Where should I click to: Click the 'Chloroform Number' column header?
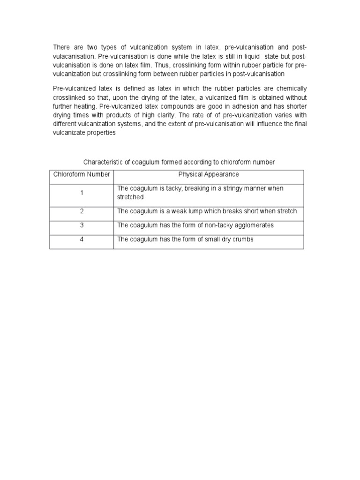(82, 174)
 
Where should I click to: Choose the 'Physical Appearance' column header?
(209, 174)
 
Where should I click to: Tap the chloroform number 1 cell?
(82, 193)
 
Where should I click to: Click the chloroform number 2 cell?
(82, 211)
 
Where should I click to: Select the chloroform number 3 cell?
(82, 225)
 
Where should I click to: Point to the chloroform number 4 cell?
(82, 240)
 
